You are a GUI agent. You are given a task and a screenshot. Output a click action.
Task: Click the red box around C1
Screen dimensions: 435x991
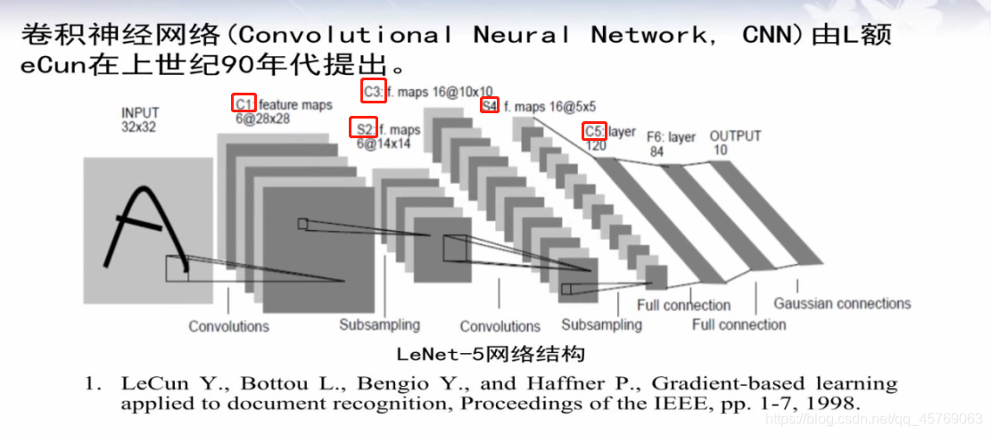click(244, 103)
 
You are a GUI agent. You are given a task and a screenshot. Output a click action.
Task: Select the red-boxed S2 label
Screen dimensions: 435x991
click(362, 129)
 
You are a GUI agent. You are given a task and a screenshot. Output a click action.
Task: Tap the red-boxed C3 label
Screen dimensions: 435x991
click(373, 91)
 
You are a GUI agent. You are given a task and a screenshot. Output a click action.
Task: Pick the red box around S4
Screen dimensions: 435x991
click(489, 106)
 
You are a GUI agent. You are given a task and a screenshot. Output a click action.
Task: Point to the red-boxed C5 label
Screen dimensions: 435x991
click(594, 131)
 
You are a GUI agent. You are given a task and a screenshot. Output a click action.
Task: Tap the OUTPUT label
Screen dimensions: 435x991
click(735, 135)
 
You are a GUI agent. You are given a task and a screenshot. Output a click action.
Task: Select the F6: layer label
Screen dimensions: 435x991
click(671, 137)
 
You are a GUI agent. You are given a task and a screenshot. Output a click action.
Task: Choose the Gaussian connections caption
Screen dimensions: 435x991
click(842, 304)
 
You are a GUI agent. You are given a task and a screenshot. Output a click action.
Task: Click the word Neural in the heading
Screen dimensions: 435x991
click(521, 36)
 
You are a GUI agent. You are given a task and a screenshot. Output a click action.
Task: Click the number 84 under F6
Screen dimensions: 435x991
click(657, 152)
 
